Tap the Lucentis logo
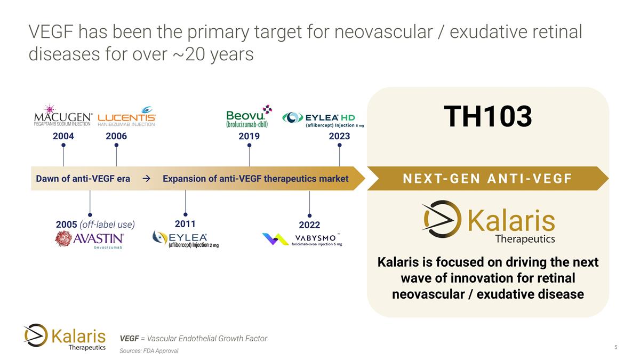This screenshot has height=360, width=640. click(x=127, y=118)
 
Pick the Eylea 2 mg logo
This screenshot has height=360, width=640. click(x=185, y=240)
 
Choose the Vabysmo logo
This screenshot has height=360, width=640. click(x=302, y=239)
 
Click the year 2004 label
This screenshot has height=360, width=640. click(x=63, y=137)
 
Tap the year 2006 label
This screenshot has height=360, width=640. click(x=116, y=137)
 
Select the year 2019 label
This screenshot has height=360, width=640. click(x=249, y=137)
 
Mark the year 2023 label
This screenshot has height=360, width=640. click(x=339, y=137)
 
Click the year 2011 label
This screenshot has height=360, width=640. click(x=185, y=224)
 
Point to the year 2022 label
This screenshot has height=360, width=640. click(x=309, y=225)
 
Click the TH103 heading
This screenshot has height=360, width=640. click(x=487, y=117)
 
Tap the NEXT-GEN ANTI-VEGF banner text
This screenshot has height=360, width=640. click(x=487, y=179)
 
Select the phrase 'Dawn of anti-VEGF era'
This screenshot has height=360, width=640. click(x=83, y=179)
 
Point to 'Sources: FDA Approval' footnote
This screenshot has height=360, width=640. click(x=149, y=351)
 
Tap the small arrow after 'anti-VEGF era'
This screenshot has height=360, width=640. click(x=146, y=179)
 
